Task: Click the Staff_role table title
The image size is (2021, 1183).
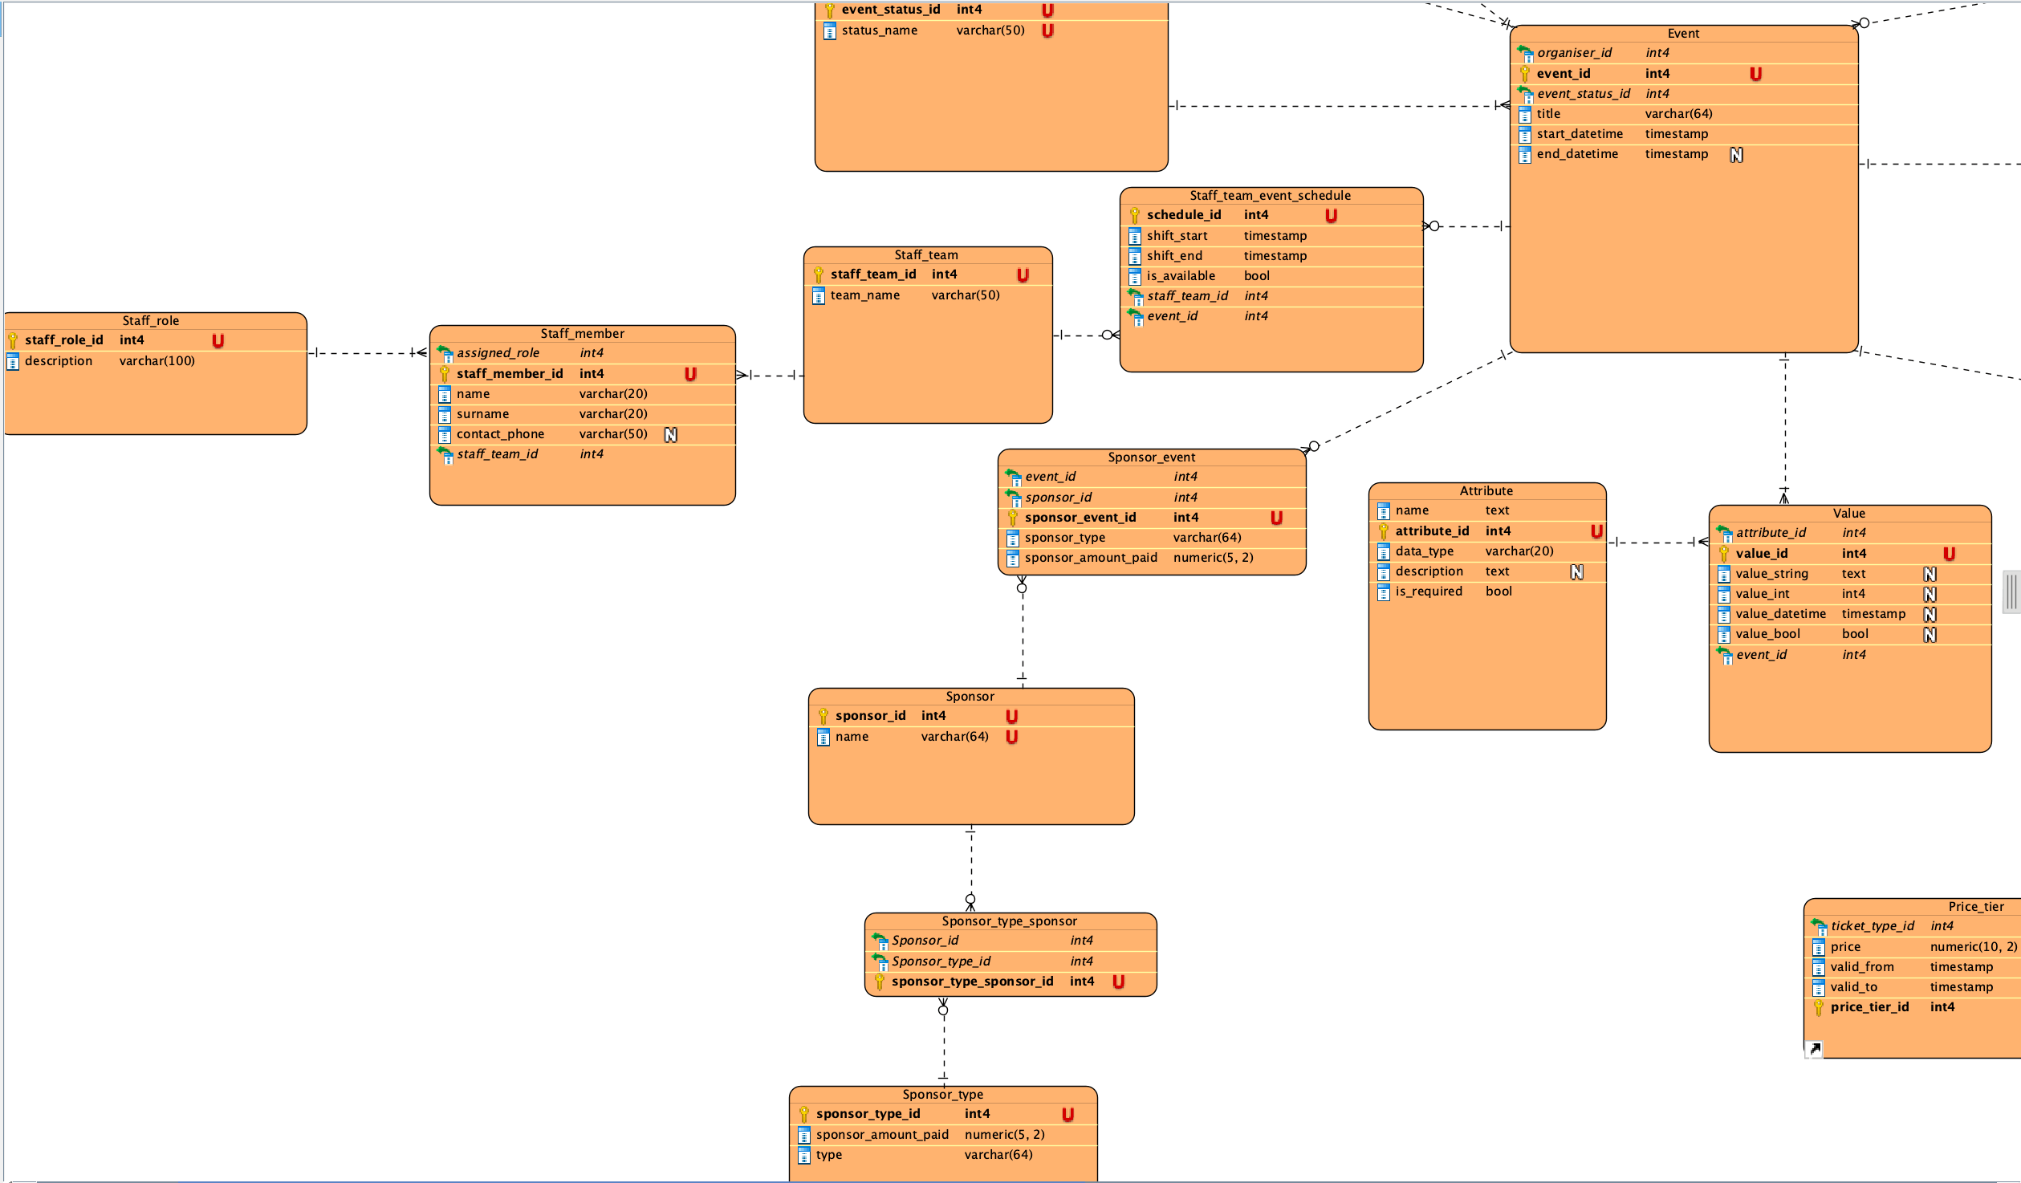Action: click(151, 321)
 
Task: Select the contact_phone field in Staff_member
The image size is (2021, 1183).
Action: click(500, 434)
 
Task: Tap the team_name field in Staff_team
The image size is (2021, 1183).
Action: click(864, 295)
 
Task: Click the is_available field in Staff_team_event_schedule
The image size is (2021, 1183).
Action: click(1181, 276)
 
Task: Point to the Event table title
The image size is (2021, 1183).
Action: click(1683, 34)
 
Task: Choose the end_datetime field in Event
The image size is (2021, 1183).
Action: click(1577, 154)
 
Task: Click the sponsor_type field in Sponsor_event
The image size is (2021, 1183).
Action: click(1065, 538)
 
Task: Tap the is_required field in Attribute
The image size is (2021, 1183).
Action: click(1429, 591)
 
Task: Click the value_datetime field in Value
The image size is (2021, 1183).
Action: click(1781, 614)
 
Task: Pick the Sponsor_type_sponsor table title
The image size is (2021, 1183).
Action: click(1010, 921)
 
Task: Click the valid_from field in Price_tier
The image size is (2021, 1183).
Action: click(1862, 967)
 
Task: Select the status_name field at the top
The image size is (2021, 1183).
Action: click(880, 30)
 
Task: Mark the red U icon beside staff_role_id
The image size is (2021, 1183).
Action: click(218, 341)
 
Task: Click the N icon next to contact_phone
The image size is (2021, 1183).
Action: click(671, 435)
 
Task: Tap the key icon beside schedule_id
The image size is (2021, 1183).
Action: click(1134, 216)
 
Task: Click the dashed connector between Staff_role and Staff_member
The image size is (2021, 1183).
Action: click(368, 353)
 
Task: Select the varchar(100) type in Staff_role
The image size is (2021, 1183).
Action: click(157, 361)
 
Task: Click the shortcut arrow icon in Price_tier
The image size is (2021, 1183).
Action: click(1814, 1049)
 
